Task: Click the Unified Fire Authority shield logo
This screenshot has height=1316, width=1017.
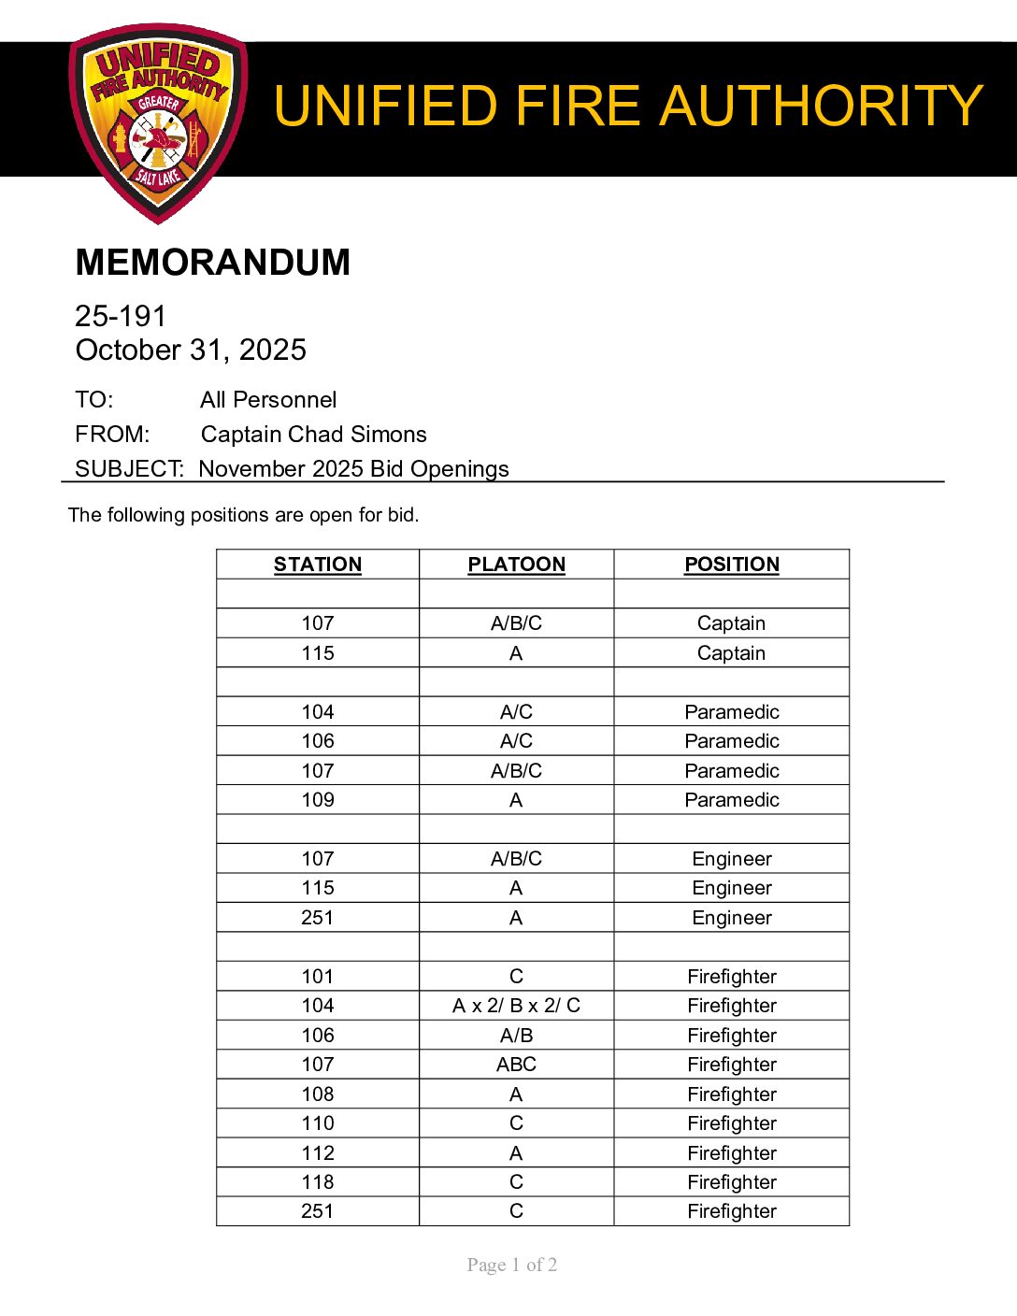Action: pyautogui.click(x=157, y=122)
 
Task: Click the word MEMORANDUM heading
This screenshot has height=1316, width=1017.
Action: pyautogui.click(x=212, y=263)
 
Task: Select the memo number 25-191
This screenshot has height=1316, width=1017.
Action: pyautogui.click(x=121, y=316)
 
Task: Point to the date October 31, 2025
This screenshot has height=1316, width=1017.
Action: pyautogui.click(x=191, y=350)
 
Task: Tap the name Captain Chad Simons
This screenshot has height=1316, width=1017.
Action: pyautogui.click(x=313, y=435)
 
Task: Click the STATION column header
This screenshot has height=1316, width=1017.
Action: pyautogui.click(x=318, y=565)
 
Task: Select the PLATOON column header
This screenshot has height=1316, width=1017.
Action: pyautogui.click(x=516, y=565)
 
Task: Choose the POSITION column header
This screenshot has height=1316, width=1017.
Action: pyautogui.click(x=731, y=565)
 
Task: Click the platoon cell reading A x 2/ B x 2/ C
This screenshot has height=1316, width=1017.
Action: pyautogui.click(x=516, y=1006)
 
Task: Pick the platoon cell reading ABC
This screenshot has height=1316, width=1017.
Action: pyautogui.click(x=516, y=1065)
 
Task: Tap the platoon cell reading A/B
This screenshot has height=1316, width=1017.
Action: pyautogui.click(x=516, y=1036)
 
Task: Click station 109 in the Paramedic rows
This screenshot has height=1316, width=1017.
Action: pyautogui.click(x=318, y=800)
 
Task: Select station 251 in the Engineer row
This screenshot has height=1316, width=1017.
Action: pyautogui.click(x=318, y=918)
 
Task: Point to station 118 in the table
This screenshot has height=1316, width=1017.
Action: pyautogui.click(x=318, y=1182)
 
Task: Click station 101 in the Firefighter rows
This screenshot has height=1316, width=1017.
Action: pyautogui.click(x=318, y=977)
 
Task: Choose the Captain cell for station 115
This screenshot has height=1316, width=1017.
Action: pyautogui.click(x=731, y=653)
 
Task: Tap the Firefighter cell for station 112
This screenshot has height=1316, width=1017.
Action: pyautogui.click(x=731, y=1153)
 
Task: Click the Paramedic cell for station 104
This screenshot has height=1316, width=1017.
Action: pyautogui.click(x=731, y=712)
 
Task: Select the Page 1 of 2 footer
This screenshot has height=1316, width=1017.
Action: pyautogui.click(x=512, y=1266)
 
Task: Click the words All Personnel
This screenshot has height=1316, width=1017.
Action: pyautogui.click(x=268, y=400)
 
